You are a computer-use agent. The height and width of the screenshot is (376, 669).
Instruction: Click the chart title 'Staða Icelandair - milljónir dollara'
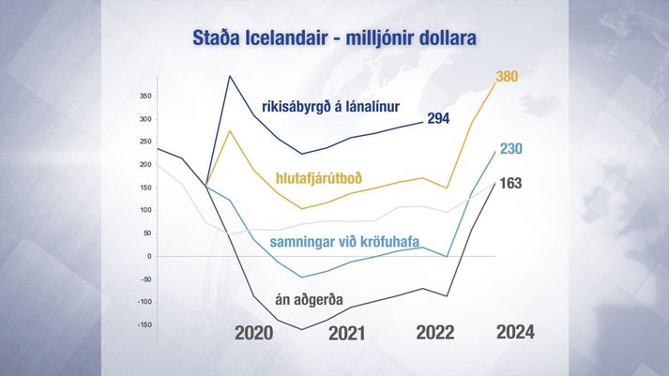334,38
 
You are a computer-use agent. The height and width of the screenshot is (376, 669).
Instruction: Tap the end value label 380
507,76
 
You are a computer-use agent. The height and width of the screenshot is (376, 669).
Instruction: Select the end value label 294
438,118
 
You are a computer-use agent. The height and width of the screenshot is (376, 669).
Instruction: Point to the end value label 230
510,148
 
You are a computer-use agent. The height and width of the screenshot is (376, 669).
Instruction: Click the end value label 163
510,183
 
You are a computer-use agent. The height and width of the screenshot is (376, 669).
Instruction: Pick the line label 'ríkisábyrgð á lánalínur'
331,107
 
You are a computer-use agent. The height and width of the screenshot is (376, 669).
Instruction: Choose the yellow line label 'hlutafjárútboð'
319,177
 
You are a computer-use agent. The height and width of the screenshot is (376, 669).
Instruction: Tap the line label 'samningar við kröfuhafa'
344,242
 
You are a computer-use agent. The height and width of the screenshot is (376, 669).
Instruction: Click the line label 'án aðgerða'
309,300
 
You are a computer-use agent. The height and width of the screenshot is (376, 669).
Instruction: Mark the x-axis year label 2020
254,333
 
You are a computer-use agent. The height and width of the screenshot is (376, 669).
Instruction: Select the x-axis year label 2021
346,333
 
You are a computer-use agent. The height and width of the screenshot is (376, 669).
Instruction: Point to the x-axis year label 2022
435,332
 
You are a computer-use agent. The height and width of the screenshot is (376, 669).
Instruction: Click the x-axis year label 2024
515,332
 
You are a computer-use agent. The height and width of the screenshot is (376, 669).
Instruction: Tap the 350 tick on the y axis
145,97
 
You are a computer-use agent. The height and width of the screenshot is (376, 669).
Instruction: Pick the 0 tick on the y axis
149,256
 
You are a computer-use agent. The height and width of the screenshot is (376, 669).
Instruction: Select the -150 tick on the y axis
144,324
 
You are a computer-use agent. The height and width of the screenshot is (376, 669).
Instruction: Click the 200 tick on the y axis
145,164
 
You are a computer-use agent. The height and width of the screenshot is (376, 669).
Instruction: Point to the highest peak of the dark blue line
230,76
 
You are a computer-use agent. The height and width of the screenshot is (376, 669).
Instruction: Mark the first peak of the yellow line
230,130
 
